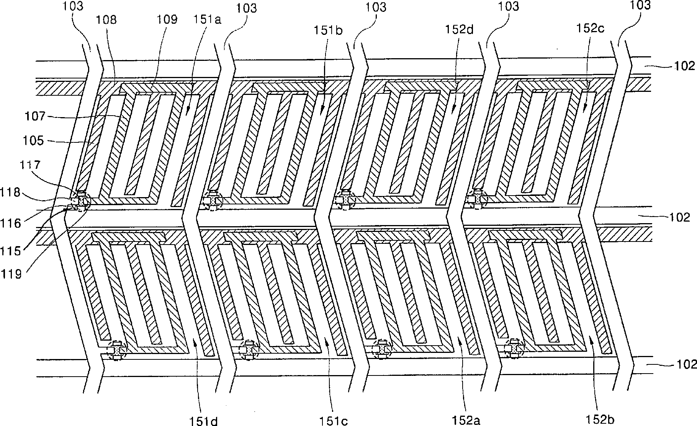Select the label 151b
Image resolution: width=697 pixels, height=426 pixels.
pos(328,31)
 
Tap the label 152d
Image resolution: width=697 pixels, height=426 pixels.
pos(460,29)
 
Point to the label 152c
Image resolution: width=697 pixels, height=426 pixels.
pos(590,28)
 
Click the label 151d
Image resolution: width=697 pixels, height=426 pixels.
pos(203,421)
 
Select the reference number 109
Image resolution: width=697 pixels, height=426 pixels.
pos(167,20)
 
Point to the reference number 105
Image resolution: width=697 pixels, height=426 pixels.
pos(33,140)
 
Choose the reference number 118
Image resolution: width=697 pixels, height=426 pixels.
pos(10,192)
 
